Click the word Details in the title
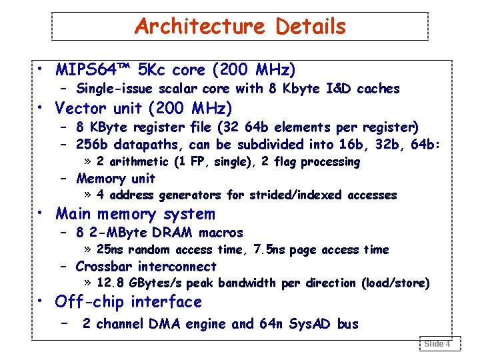[x=311, y=27]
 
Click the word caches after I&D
[x=378, y=89]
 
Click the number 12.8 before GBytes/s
[x=111, y=283]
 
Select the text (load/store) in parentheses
[x=395, y=283]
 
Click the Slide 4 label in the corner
[x=437, y=344]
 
